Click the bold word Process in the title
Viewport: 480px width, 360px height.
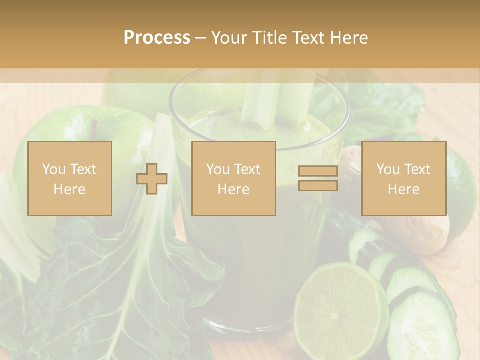157,38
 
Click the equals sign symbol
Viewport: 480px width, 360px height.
318,178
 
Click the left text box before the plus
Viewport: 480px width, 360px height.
70,179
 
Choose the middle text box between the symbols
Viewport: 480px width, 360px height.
233,179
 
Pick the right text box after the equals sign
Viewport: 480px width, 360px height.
403,179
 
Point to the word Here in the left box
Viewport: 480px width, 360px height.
69,189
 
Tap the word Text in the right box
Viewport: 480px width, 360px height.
418,169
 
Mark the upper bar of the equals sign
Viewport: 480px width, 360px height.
318,171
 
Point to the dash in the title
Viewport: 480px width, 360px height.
201,38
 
